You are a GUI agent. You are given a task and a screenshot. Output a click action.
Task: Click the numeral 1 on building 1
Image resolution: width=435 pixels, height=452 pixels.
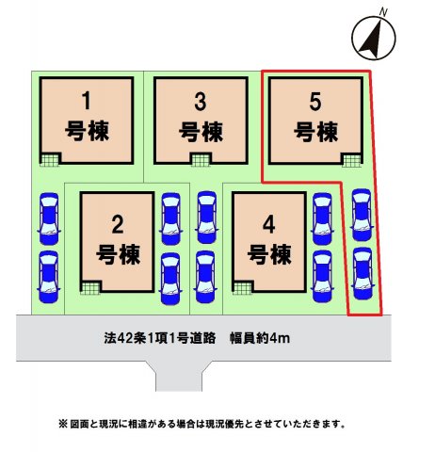87,101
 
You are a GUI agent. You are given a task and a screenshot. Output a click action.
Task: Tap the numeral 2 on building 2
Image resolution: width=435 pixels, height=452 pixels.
118,225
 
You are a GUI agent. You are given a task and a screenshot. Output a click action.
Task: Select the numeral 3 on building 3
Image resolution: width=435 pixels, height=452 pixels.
201,102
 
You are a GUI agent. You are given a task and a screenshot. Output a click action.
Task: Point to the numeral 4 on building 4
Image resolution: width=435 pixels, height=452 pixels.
269,225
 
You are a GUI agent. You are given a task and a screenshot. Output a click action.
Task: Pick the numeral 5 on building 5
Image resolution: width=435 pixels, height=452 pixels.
315,102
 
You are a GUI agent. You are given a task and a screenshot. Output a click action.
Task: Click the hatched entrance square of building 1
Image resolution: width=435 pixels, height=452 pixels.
50,160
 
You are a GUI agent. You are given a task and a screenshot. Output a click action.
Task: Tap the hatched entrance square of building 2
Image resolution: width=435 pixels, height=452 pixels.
90,288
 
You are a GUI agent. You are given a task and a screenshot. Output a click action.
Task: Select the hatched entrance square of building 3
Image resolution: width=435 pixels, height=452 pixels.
201,160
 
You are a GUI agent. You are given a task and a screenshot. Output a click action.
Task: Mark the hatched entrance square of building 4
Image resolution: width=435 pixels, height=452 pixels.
242,288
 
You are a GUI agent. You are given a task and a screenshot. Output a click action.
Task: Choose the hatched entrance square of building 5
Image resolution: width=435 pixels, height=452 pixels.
352,160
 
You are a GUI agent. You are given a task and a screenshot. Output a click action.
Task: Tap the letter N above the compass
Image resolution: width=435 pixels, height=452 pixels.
383,12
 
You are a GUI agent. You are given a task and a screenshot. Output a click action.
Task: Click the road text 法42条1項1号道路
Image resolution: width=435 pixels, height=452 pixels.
160,338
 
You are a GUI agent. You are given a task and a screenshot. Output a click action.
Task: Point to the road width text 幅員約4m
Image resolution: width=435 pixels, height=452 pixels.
260,338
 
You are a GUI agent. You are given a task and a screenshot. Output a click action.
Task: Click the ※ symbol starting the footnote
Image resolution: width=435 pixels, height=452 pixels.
63,424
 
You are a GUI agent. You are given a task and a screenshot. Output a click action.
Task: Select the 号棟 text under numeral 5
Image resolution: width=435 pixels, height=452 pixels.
315,132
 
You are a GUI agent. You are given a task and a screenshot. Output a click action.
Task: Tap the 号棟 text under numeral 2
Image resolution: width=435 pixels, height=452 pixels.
118,254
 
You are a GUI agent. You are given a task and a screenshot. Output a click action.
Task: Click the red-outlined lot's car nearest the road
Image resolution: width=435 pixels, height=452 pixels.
362,273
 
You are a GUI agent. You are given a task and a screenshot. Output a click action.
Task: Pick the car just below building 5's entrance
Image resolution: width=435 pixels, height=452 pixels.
362,215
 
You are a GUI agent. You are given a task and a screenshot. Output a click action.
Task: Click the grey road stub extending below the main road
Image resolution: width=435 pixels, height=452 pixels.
179,376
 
